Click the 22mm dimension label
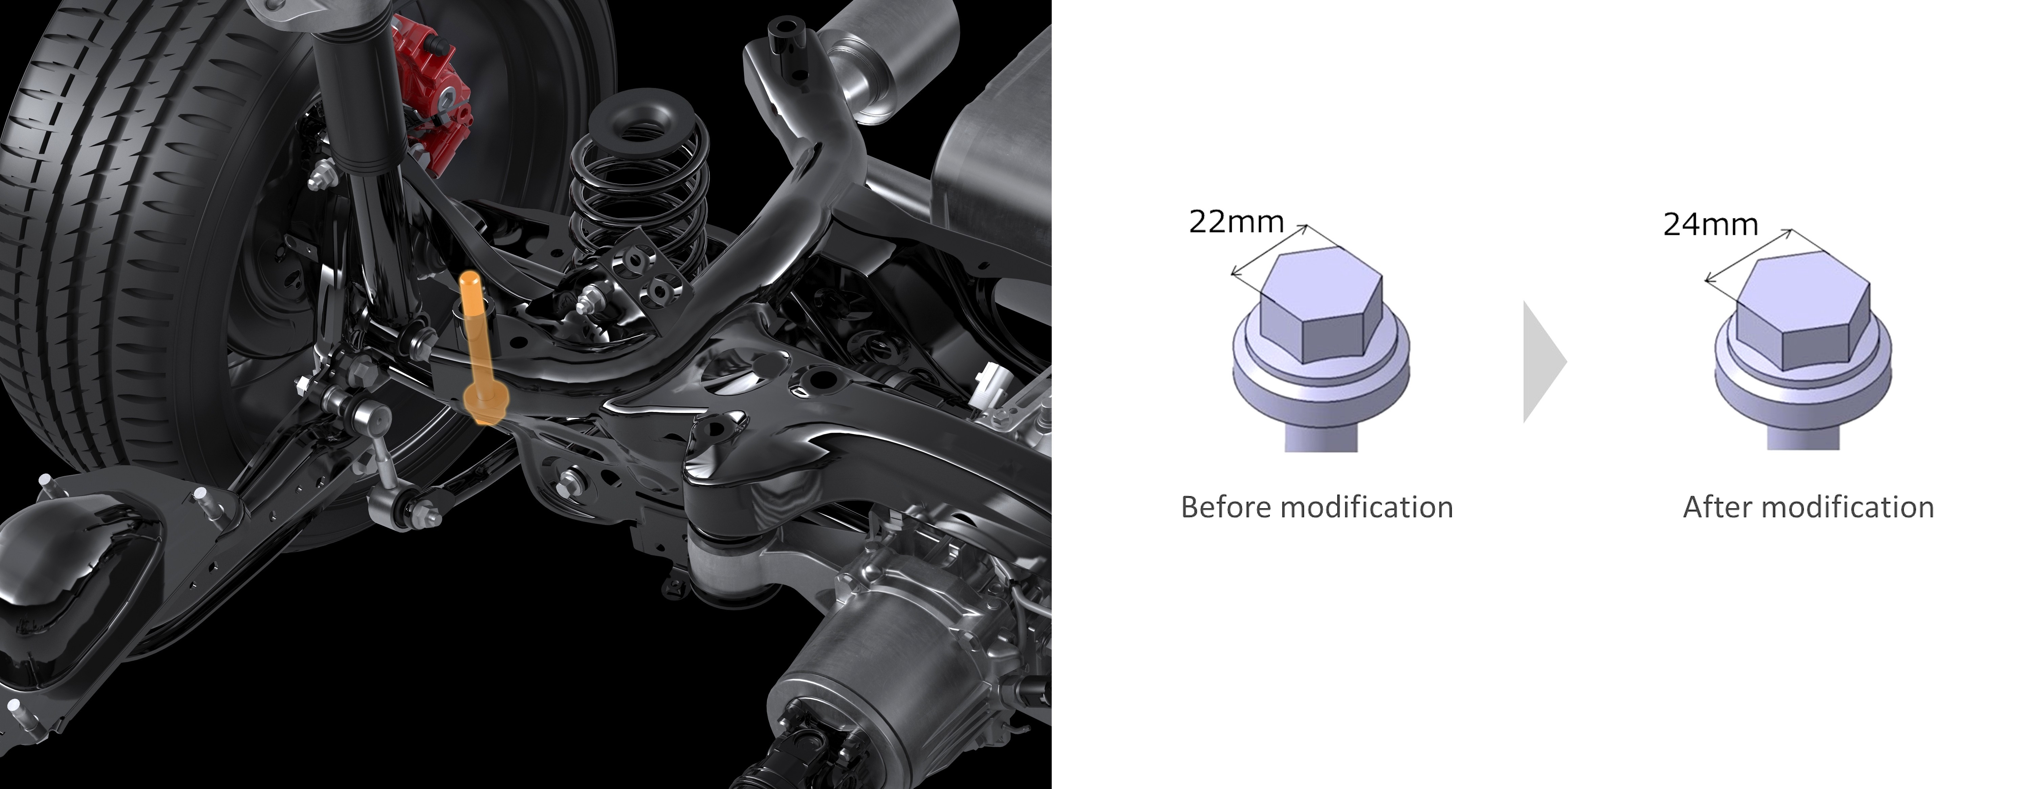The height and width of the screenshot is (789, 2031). click(1236, 222)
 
